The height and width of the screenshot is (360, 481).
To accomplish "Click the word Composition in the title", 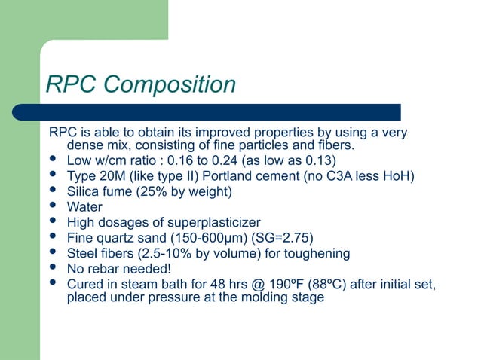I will tap(170, 84).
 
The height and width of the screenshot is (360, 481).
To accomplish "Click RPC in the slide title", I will tap(72, 84).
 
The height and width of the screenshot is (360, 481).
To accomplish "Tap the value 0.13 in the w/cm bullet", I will tap(318, 160).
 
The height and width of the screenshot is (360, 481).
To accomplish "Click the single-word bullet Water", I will tap(84, 206).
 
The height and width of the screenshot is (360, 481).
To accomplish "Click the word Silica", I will tap(84, 191).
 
